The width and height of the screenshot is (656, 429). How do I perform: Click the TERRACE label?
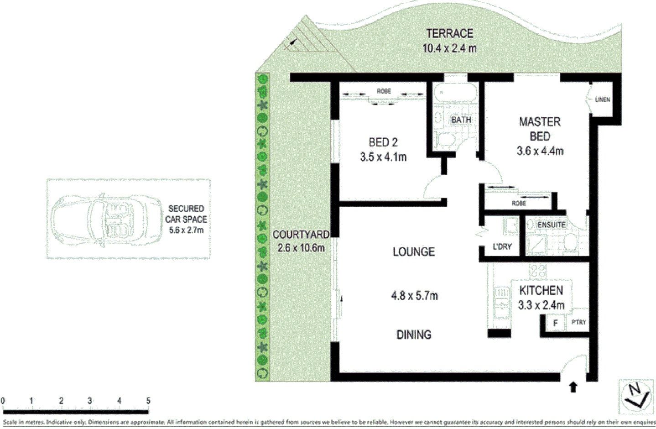click(x=449, y=34)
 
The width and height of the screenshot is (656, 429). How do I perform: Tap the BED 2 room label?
click(x=383, y=142)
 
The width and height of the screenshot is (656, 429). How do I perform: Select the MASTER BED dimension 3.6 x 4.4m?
click(x=540, y=151)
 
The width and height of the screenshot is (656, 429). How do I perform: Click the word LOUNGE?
click(x=414, y=252)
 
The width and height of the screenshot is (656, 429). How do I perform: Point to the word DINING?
click(x=414, y=335)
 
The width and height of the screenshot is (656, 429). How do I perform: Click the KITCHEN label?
click(x=541, y=290)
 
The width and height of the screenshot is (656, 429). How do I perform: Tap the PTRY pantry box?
click(x=578, y=322)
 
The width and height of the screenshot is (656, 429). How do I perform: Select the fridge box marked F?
click(x=555, y=323)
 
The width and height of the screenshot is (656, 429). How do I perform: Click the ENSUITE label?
click(x=551, y=225)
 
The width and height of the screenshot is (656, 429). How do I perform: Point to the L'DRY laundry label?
click(x=502, y=247)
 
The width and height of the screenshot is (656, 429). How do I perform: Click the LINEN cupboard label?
click(x=603, y=99)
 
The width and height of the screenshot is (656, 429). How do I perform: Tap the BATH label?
click(x=461, y=120)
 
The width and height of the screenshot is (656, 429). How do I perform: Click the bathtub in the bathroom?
click(x=454, y=94)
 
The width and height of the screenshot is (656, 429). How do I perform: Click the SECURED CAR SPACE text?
click(x=186, y=219)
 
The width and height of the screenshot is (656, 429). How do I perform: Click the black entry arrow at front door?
click(x=573, y=387)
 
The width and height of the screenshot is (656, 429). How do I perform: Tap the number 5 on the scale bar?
click(x=148, y=401)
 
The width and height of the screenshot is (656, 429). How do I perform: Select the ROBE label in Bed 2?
click(x=384, y=91)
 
